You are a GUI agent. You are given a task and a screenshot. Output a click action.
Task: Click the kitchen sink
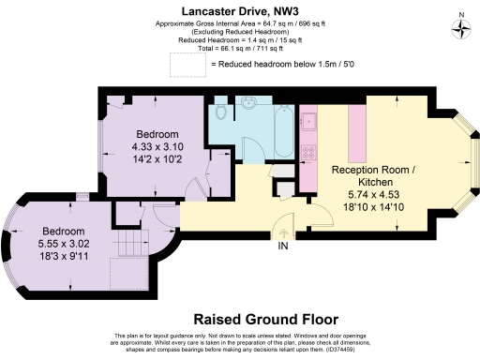pyautogui.click(x=307, y=120)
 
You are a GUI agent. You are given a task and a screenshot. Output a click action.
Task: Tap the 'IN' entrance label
pyautogui.click(x=282, y=247)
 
